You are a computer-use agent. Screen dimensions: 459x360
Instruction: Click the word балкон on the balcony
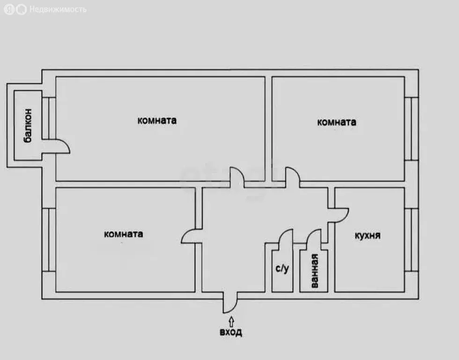(28, 125)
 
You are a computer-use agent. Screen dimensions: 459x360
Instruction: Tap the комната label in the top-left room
(157, 120)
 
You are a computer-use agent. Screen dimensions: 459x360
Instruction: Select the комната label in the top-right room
(337, 122)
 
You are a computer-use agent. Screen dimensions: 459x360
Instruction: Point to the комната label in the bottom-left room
(124, 234)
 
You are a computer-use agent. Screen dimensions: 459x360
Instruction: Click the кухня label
(368, 235)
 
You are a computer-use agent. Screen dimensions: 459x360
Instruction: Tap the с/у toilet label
(282, 268)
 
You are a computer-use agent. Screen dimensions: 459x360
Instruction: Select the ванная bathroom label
(314, 270)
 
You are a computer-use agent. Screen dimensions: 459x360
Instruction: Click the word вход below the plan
(230, 332)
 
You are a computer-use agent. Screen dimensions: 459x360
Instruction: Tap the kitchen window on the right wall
(412, 240)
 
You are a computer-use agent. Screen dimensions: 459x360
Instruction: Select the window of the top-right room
(412, 129)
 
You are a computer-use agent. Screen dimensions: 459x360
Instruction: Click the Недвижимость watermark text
(58, 9)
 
